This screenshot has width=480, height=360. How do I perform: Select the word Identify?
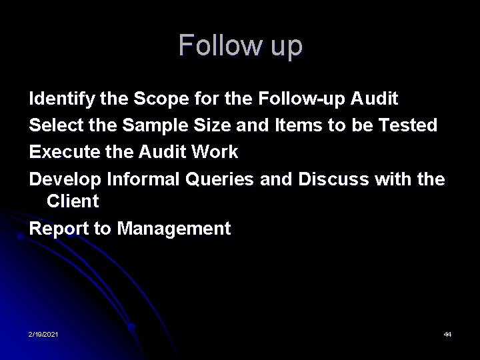[62, 99]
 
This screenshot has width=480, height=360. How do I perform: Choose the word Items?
[299, 125]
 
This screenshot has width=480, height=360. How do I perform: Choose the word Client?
[73, 201]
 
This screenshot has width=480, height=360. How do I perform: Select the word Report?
[59, 229]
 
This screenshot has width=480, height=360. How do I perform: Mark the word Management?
[174, 229]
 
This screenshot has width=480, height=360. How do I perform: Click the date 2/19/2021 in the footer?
[43, 333]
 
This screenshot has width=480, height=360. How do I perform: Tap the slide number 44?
[447, 333]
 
